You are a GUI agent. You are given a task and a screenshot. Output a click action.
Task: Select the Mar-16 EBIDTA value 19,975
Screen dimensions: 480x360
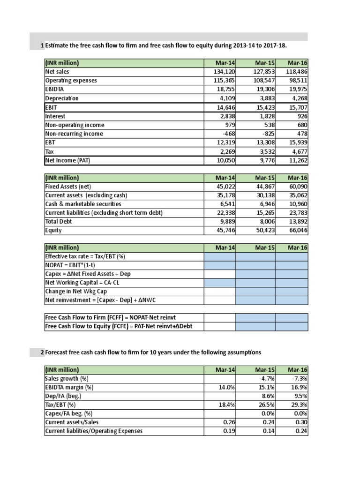pos(298,90)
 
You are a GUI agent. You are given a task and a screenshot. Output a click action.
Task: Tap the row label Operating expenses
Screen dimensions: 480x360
pos(71,81)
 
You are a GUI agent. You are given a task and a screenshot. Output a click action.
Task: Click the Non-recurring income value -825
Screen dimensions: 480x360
pos(267,134)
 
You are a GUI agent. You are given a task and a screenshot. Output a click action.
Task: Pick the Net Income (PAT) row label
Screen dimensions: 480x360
pos(68,161)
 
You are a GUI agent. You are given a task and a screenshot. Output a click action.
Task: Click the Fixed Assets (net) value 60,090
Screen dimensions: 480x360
pos(298,187)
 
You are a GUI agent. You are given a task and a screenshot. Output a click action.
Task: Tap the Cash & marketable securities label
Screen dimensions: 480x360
pos(83,204)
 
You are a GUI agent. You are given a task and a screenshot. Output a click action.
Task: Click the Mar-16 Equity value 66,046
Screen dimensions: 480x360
pos(298,231)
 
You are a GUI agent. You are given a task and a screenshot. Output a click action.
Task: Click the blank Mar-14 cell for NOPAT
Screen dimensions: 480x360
pos(220,265)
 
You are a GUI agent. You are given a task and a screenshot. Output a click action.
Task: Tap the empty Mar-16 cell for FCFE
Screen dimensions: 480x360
pos(292,327)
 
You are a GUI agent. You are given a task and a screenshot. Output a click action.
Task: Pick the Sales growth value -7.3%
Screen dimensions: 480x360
pos(299,378)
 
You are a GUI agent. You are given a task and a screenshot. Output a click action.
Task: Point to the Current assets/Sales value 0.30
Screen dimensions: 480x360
pos(301,422)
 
